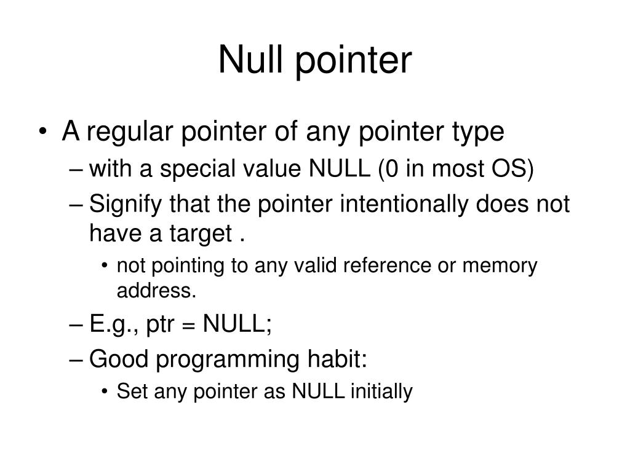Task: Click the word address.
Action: click(156, 291)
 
